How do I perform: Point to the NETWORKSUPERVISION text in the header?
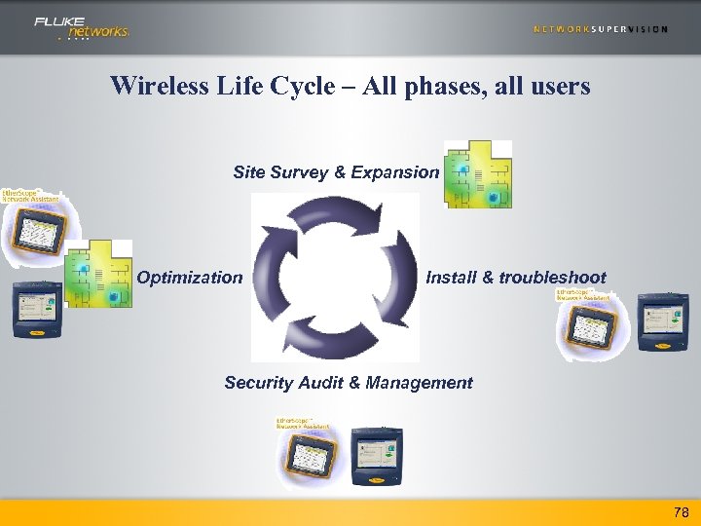(x=601, y=29)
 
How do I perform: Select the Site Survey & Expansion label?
(x=336, y=172)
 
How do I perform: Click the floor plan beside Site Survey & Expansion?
(x=477, y=174)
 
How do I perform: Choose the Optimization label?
(x=190, y=278)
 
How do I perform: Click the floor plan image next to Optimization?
(x=99, y=274)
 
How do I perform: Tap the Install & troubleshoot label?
(x=516, y=278)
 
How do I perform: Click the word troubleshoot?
(x=552, y=278)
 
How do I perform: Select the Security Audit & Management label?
(x=349, y=383)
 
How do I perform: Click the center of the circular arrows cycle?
(x=335, y=277)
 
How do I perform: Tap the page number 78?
(x=681, y=512)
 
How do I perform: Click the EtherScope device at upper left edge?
(x=33, y=229)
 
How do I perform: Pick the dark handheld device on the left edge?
(x=37, y=310)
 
